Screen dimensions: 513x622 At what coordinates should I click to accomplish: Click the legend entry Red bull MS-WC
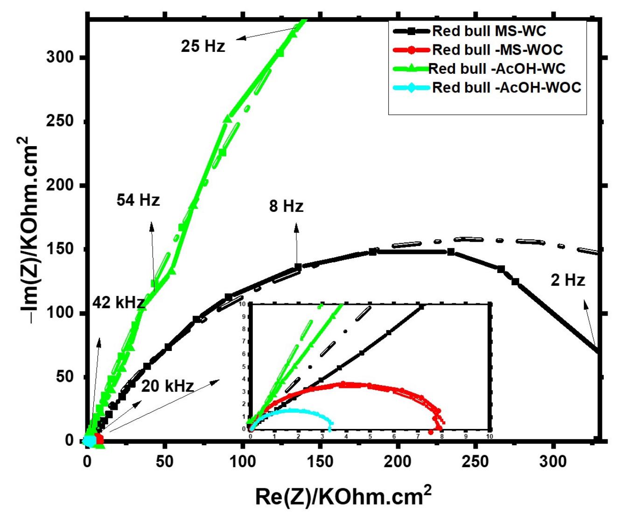[x=489, y=31]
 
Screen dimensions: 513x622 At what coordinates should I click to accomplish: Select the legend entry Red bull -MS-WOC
[x=497, y=49]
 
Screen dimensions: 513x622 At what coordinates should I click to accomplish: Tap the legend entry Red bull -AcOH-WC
[x=496, y=69]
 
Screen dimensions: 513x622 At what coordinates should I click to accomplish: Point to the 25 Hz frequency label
[x=203, y=46]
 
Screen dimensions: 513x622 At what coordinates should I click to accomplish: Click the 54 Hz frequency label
[x=138, y=200]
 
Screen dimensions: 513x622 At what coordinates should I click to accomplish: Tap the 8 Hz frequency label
[x=286, y=206]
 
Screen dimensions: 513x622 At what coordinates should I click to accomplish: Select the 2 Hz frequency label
[x=567, y=280]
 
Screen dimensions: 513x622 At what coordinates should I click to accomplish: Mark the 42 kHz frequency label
[x=118, y=302]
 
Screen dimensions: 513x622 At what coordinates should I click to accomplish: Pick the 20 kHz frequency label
[x=167, y=386]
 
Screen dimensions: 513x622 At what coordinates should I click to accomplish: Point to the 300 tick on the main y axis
[x=60, y=58]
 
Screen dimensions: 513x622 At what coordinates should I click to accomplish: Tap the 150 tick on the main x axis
[x=320, y=462]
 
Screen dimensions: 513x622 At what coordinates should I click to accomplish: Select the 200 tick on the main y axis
[x=60, y=186]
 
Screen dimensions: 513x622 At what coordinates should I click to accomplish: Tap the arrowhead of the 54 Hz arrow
[x=152, y=226]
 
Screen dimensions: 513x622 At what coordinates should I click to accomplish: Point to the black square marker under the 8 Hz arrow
[x=298, y=267]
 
